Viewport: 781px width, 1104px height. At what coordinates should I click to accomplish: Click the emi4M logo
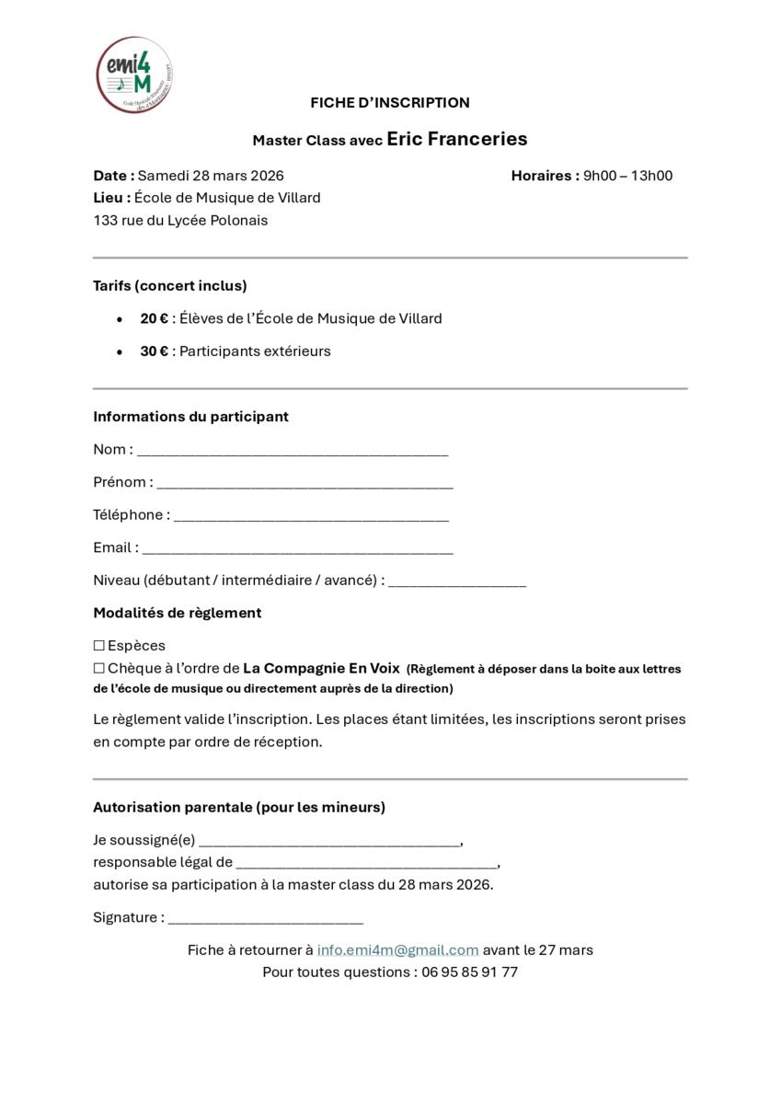tap(135, 75)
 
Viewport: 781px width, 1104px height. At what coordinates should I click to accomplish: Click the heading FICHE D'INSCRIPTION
tap(390, 102)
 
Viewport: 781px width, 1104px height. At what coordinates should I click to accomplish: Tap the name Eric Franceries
tap(457, 139)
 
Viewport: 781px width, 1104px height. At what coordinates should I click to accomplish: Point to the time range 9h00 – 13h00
tap(627, 176)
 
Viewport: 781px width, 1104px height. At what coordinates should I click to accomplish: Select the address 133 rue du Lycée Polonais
tap(180, 221)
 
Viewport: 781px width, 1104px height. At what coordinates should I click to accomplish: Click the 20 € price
tap(155, 318)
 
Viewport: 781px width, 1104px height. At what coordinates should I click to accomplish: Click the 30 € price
tap(155, 351)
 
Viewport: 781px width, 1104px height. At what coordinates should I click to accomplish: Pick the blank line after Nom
tap(293, 452)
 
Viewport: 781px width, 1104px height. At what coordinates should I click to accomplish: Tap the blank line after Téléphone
tap(311, 517)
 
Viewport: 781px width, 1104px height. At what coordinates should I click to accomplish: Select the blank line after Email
tap(298, 549)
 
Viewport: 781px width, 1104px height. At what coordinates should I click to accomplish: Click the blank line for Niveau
tap(457, 582)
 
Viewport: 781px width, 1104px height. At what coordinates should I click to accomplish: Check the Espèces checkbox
tap(99, 646)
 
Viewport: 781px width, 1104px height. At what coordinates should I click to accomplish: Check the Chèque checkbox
tap(99, 669)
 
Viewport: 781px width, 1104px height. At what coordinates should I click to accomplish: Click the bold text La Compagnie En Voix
tap(321, 669)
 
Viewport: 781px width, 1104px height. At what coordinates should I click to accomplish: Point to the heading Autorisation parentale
tap(239, 807)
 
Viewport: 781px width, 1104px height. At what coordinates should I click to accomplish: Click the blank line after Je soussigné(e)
tap(329, 842)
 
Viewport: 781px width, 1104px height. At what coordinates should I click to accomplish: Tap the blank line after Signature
tap(266, 919)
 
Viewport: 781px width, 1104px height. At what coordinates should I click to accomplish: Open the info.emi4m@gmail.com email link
tap(397, 949)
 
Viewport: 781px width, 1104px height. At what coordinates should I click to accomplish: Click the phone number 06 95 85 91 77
tap(469, 972)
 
